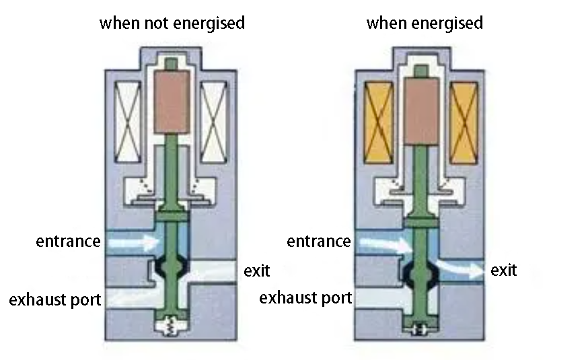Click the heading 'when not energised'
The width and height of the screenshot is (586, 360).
(x=172, y=23)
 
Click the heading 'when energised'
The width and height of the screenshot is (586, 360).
(x=425, y=23)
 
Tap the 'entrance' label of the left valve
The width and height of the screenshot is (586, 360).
(x=68, y=241)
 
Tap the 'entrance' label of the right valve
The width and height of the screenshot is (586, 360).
(x=319, y=241)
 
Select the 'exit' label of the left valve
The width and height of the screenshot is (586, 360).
(x=257, y=271)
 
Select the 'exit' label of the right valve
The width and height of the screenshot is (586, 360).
(x=503, y=270)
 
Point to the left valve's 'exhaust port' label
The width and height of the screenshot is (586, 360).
(x=55, y=300)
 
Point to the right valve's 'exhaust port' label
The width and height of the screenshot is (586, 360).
(x=305, y=298)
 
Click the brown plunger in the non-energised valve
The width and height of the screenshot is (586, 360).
(x=172, y=102)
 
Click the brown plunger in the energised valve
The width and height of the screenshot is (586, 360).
(x=422, y=112)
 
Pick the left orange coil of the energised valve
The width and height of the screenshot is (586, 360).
(x=378, y=122)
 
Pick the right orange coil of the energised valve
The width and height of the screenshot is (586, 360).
(x=464, y=122)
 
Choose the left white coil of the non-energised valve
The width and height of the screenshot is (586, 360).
(x=127, y=122)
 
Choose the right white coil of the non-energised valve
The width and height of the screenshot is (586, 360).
(x=213, y=122)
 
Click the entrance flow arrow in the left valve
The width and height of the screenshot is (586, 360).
(x=133, y=243)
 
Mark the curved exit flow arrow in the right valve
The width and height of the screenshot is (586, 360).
(x=461, y=268)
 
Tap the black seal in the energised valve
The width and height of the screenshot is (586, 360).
(x=422, y=275)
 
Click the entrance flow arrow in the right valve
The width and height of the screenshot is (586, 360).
(x=386, y=245)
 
